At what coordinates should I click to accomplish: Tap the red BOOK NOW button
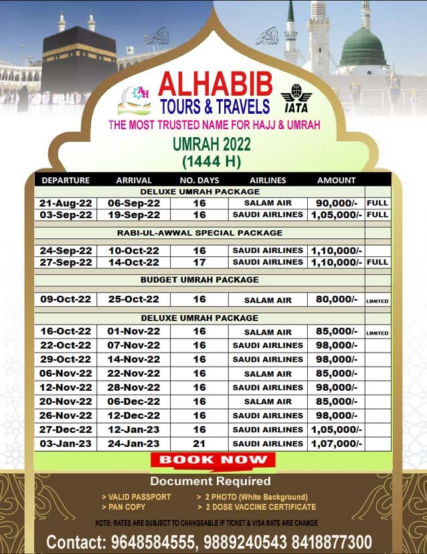(213, 460)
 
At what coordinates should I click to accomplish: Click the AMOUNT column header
(336, 180)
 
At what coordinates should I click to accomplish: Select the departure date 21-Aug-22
(66, 203)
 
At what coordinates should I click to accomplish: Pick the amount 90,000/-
(336, 203)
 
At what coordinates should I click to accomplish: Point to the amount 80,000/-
(336, 299)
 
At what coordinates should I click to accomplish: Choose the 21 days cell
(199, 444)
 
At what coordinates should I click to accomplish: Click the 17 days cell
(199, 262)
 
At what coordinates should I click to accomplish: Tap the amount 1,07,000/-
(336, 444)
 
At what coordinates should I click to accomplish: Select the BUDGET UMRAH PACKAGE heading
(199, 280)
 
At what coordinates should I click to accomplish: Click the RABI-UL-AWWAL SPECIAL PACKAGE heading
(199, 233)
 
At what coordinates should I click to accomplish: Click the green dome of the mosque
(363, 47)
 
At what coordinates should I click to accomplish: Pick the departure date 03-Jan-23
(66, 444)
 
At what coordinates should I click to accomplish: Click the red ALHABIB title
(216, 84)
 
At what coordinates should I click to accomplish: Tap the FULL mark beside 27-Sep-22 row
(377, 262)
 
